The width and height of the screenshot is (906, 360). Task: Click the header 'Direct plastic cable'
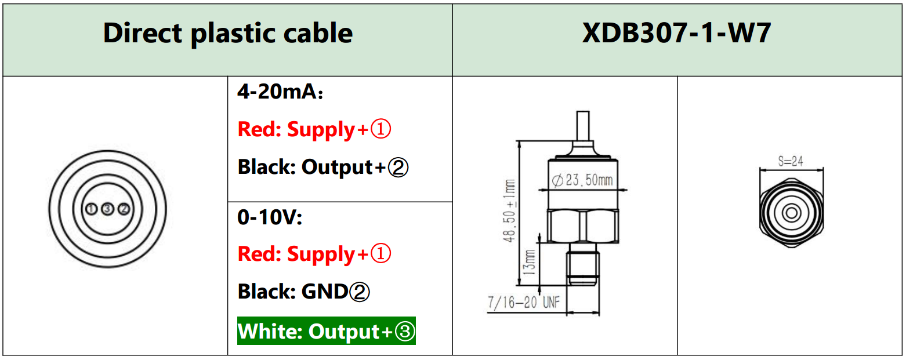coord(227,34)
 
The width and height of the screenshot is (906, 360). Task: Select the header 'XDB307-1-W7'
coord(677,34)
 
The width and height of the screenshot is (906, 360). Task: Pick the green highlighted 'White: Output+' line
coord(327,332)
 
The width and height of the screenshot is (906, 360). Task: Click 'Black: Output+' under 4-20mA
coord(323,168)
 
